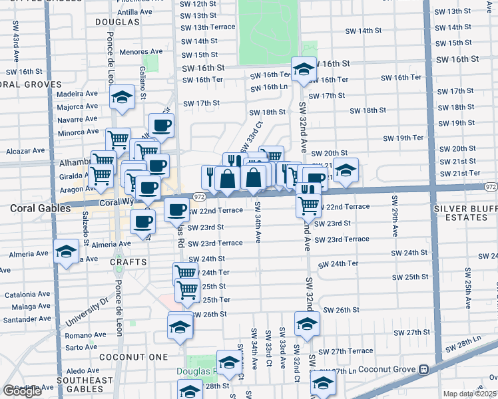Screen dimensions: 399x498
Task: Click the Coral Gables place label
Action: (40, 208)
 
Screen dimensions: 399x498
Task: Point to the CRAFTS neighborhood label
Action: (128, 262)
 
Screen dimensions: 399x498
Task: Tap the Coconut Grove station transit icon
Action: (423, 369)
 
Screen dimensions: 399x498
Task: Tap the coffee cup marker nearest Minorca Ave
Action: (160, 126)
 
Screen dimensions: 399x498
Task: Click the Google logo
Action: (22, 392)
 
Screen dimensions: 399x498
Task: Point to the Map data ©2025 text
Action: (470, 394)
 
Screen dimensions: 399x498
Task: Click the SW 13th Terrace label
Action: (208, 27)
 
